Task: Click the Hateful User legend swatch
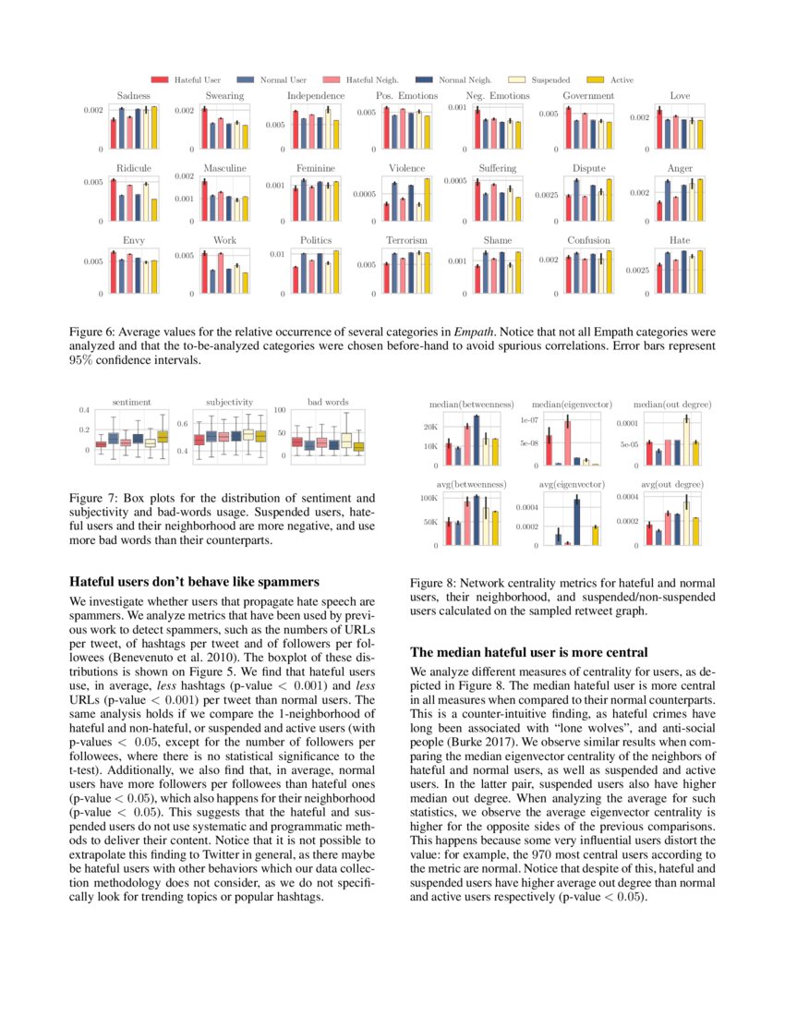(158, 80)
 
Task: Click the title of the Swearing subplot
(224, 96)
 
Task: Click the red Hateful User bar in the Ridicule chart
(113, 200)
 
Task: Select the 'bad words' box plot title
(327, 403)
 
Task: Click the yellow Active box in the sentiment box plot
(163, 437)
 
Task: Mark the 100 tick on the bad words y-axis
(282, 410)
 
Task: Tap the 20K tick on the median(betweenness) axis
(429, 427)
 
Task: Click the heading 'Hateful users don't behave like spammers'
(195, 582)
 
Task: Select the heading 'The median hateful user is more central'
(528, 651)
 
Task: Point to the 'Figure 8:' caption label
(432, 584)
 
